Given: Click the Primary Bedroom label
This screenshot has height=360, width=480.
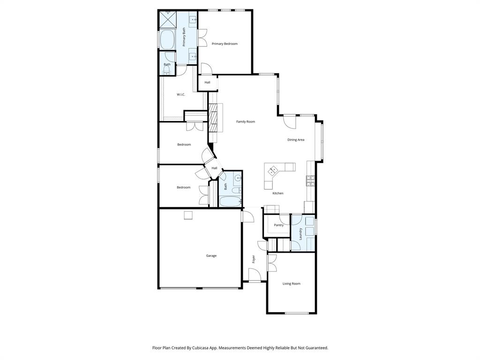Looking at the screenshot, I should pos(225,44).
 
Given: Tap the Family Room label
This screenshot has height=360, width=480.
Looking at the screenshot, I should pos(245,121).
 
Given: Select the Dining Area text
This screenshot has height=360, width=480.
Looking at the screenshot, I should pos(296,140).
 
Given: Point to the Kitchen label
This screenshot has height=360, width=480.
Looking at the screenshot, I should pos(278,193).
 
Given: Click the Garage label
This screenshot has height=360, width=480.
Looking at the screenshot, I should pos(211,255).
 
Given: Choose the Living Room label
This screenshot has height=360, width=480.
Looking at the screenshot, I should pos(291,284).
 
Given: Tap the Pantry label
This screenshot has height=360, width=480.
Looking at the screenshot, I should pos(279,225).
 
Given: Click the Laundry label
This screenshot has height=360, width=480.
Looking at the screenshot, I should pos(300,233).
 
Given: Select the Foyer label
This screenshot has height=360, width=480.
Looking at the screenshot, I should pos(254,259).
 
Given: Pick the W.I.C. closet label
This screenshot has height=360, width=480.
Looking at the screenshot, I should pos(180,94).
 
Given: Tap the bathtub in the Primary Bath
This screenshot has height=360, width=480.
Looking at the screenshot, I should pos(167,39).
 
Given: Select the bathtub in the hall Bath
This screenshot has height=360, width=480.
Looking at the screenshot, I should pos(230,202).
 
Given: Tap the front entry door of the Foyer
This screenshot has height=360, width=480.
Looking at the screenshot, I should pos(255,277).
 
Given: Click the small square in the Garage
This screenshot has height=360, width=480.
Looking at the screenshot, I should pos(188,215).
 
